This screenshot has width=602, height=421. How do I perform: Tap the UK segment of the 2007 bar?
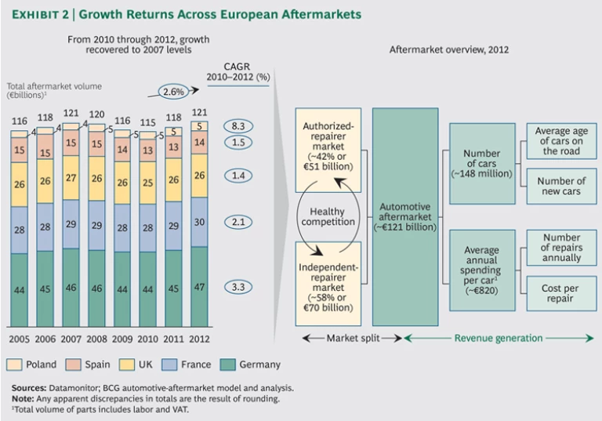71,177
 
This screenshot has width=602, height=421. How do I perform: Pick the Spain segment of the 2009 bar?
123,147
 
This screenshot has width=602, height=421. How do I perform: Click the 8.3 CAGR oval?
238,125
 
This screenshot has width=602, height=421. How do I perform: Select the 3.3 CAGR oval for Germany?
238,288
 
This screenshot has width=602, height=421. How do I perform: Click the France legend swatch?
167,365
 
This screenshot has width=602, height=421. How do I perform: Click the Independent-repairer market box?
328,282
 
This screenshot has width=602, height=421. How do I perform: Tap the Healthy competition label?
328,217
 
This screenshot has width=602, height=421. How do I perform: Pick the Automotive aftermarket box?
404,217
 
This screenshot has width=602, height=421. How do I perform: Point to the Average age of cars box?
560,141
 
